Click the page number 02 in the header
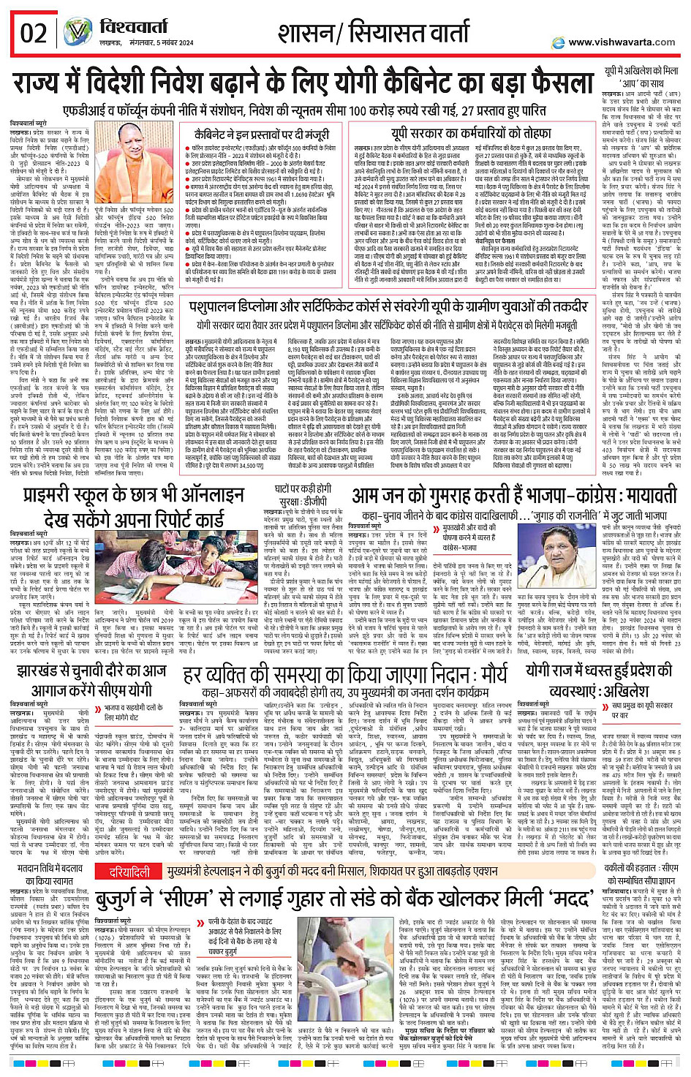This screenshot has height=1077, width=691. (x=34, y=34)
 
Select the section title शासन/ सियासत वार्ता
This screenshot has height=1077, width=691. (x=373, y=33)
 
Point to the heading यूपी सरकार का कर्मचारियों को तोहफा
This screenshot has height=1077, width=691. (x=470, y=133)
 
